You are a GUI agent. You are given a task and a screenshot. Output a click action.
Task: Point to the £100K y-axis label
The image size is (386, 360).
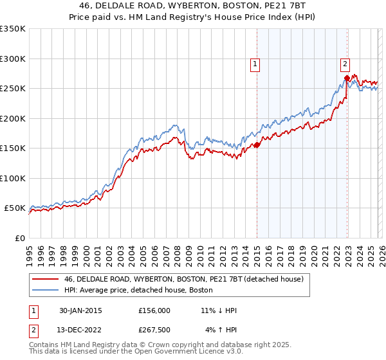click(13, 178)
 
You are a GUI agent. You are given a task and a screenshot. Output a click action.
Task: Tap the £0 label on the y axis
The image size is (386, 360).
click(19, 238)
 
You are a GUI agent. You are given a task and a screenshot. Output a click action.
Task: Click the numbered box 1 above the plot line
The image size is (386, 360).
click(255, 64)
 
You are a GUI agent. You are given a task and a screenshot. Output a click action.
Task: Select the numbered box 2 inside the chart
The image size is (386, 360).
click(345, 64)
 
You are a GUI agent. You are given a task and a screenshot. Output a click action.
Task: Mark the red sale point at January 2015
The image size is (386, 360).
click(257, 145)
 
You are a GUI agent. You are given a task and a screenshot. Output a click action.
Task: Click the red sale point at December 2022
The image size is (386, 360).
click(347, 78)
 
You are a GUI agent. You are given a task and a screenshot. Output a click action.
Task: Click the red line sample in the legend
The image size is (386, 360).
click(45, 279)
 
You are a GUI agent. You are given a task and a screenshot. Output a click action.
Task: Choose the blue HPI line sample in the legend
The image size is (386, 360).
click(45, 290)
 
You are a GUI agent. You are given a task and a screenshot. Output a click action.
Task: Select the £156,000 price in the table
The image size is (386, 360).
click(154, 310)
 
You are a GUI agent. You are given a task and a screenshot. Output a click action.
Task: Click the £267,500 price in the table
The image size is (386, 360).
click(154, 330)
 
